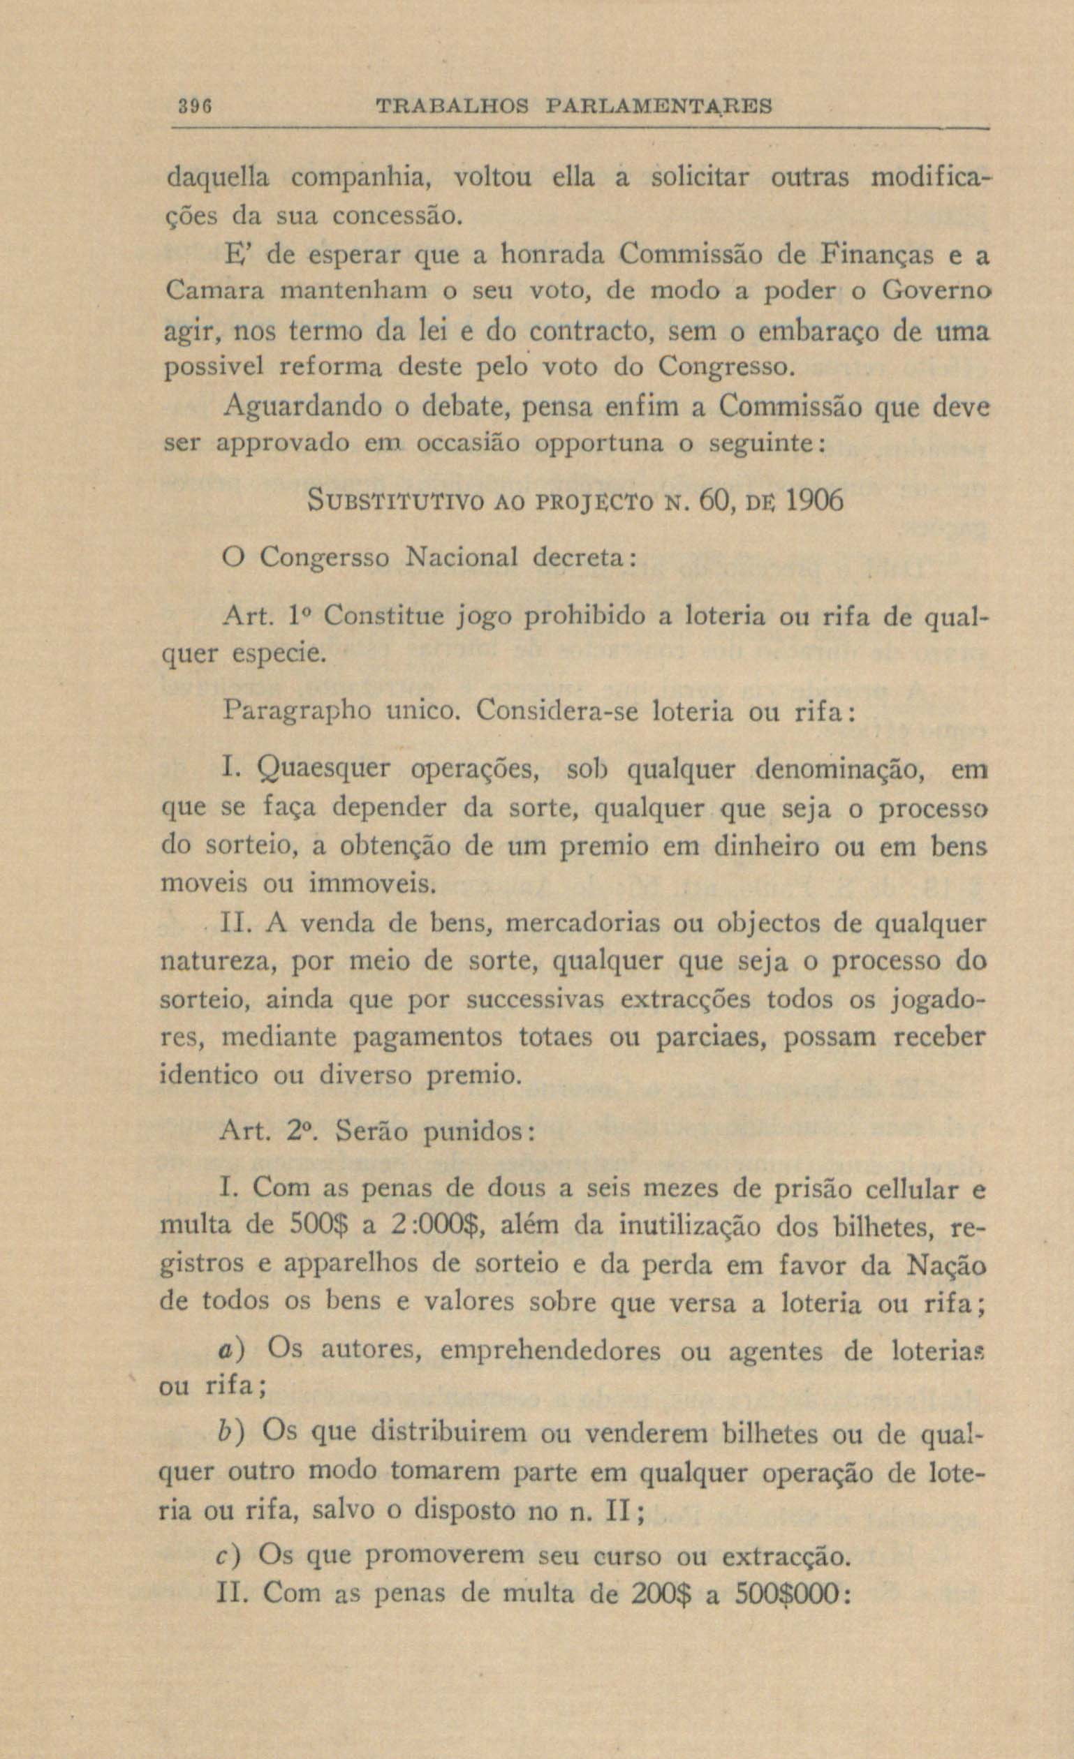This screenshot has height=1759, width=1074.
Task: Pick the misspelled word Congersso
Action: [x=324, y=558]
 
